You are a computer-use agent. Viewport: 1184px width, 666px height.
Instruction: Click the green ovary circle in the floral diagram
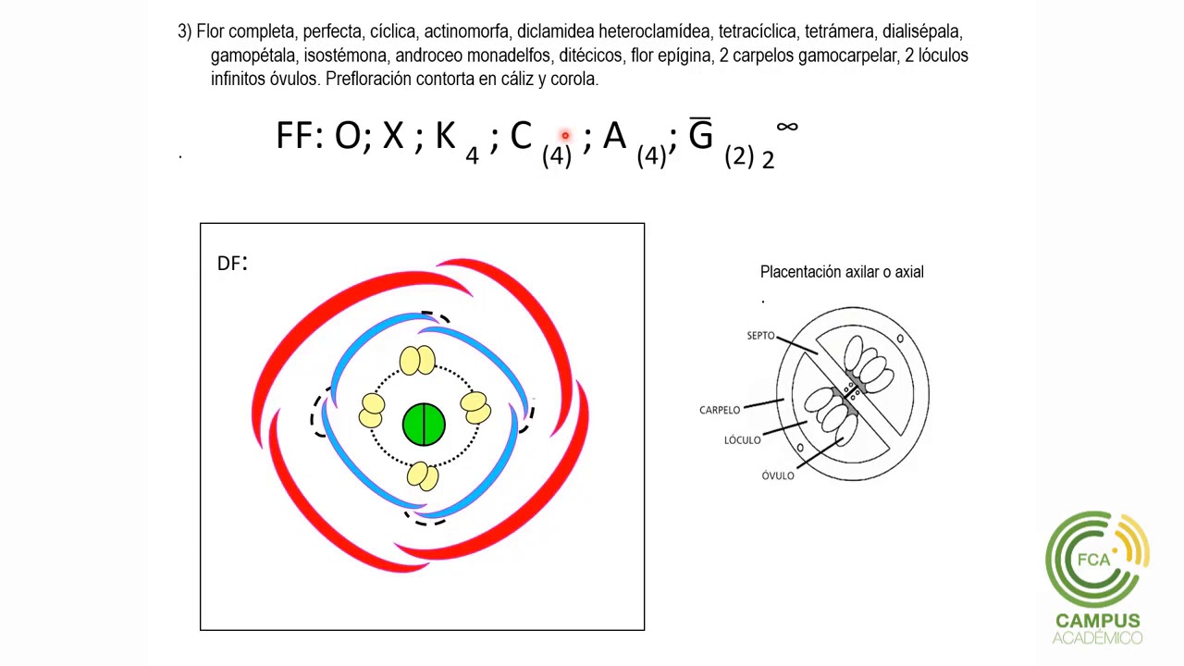424,425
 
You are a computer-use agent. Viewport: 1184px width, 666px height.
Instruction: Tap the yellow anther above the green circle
417,361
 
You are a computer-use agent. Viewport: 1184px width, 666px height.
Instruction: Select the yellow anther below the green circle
423,475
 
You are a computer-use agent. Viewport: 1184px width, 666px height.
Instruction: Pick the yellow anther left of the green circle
372,410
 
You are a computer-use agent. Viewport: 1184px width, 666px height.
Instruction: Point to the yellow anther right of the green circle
475,408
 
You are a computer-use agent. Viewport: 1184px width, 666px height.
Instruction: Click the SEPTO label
760,336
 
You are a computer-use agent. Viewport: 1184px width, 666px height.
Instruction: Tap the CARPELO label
720,410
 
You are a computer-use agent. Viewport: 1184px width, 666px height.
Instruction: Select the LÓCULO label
742,439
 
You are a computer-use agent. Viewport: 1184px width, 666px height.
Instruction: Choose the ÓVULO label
778,475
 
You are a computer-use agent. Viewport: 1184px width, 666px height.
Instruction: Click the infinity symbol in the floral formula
787,127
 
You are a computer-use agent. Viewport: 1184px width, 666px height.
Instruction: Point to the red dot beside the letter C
565,136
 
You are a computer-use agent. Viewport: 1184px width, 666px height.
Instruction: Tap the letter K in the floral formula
445,135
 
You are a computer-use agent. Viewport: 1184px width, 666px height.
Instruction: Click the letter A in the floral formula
615,135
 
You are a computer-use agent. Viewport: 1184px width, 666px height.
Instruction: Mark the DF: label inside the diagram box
232,263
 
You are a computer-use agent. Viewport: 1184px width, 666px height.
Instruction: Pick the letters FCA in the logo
1093,559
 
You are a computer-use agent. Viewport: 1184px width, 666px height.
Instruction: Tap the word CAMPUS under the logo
1098,621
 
